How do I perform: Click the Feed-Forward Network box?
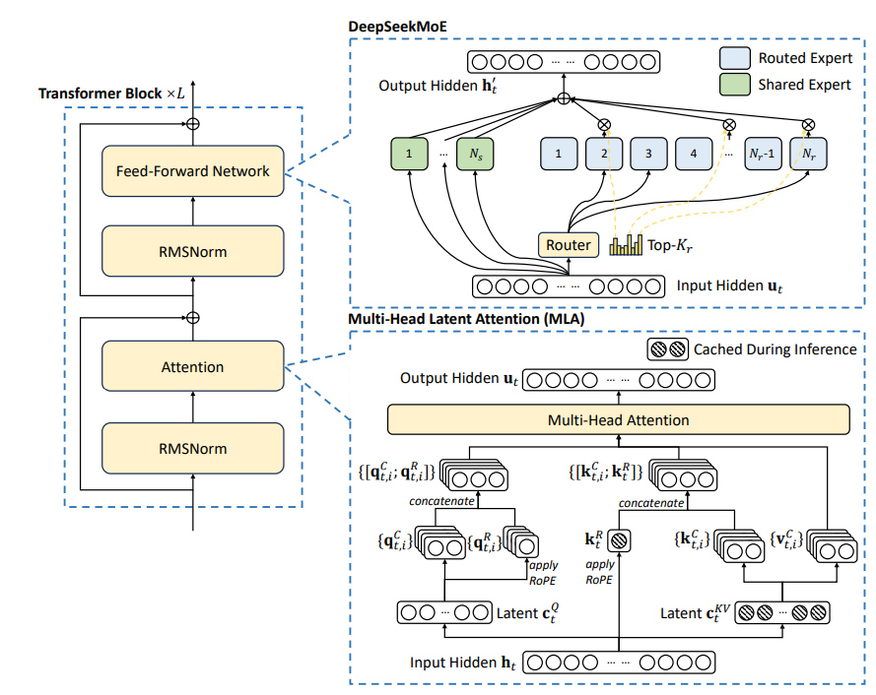192,171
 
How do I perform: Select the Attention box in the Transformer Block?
192,367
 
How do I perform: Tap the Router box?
568,244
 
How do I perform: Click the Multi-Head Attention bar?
618,420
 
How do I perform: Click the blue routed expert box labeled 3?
648,154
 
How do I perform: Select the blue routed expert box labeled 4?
694,154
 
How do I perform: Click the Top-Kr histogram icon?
625,244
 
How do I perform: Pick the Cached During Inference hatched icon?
666,348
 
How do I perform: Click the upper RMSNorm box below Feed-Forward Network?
192,252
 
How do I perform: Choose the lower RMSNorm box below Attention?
192,449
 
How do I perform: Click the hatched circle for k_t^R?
618,540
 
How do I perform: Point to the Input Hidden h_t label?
462,663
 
